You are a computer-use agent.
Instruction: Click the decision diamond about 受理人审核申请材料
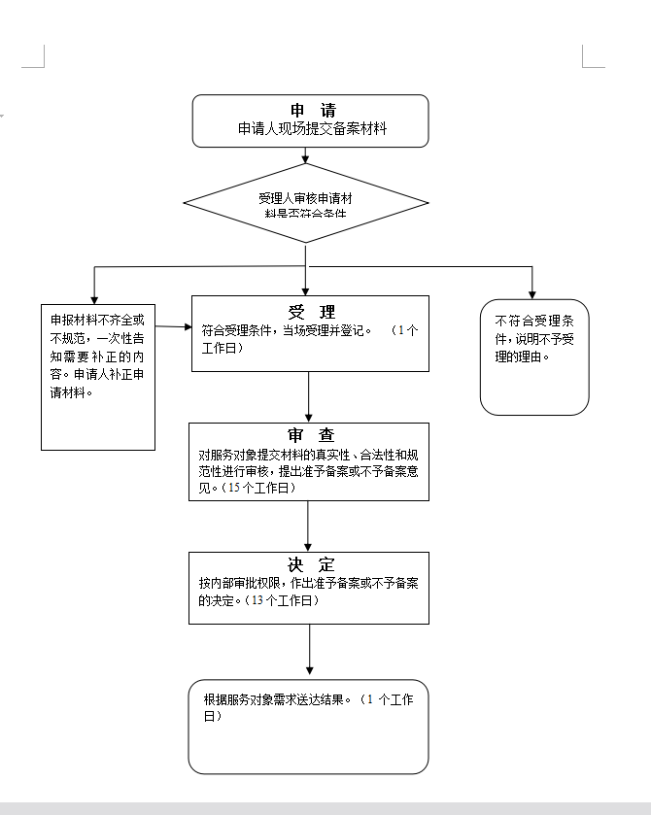306,203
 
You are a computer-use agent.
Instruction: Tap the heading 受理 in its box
311,312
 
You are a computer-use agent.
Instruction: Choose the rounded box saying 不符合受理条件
534,357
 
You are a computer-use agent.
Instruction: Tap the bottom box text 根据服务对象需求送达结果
282,699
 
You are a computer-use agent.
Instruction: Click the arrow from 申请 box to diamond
306,155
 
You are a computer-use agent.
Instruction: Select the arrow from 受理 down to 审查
309,396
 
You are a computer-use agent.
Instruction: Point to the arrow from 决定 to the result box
309,651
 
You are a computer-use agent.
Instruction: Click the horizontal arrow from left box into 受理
173,327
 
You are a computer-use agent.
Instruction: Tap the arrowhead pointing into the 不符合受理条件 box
532,292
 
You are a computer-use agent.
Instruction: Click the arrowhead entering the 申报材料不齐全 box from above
94,297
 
